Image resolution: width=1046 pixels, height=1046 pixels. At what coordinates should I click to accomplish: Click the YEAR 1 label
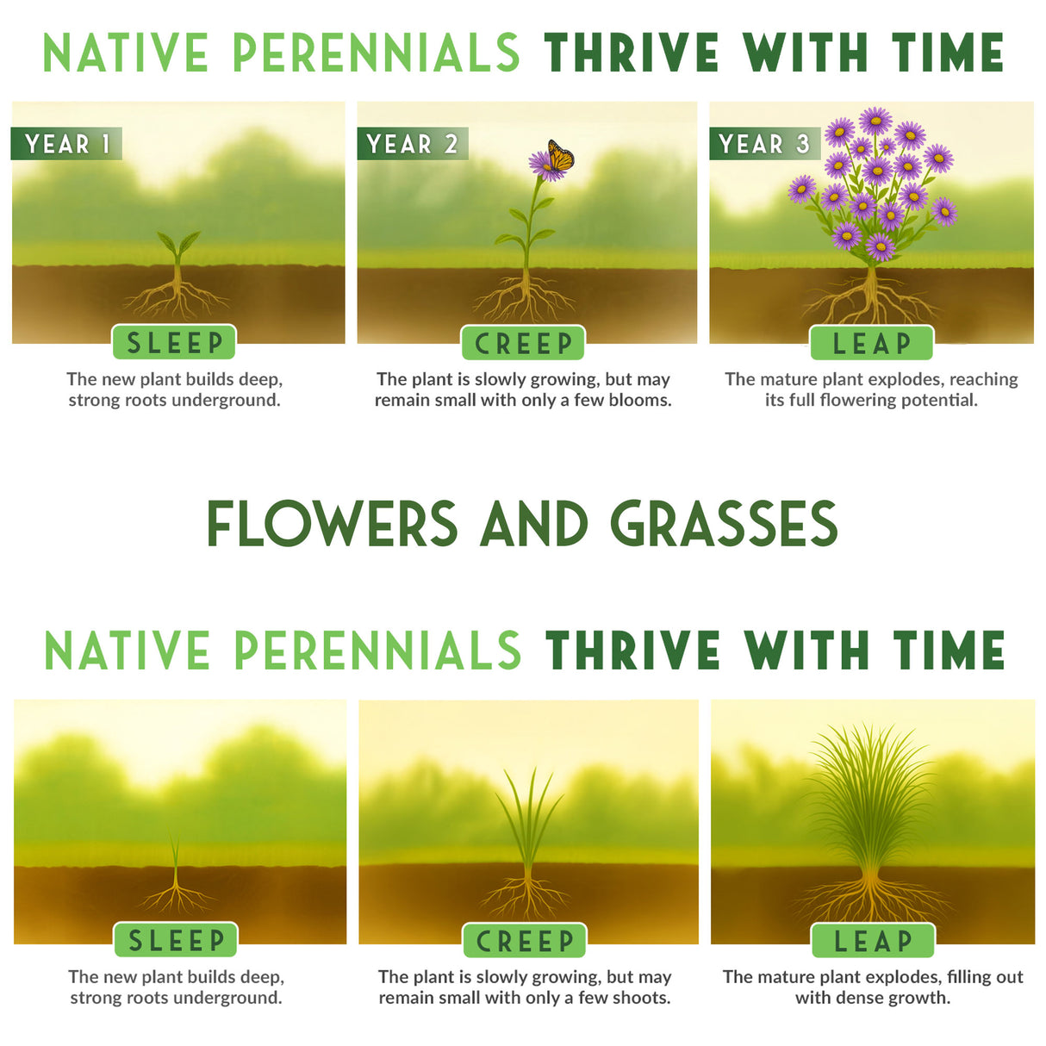click(x=66, y=144)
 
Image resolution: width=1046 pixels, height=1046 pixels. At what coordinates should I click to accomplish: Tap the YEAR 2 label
click(x=412, y=144)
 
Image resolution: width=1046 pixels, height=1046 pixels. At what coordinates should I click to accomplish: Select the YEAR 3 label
click(x=763, y=144)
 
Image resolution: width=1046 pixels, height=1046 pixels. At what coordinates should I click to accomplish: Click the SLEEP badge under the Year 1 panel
click(x=174, y=343)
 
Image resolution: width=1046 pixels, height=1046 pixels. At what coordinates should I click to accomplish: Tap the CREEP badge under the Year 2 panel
click(x=523, y=343)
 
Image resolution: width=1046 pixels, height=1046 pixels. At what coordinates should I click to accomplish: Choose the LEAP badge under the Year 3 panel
click(x=871, y=343)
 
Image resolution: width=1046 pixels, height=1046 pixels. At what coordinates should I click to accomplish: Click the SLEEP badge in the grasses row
click(x=176, y=940)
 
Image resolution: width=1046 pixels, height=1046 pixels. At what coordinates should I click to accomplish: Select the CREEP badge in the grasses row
click(x=525, y=940)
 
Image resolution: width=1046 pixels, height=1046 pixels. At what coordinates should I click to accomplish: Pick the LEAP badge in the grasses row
click(x=873, y=940)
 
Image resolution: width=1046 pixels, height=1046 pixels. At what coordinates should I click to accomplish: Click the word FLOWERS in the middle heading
click(x=332, y=524)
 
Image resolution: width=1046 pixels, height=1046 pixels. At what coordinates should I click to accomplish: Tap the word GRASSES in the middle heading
click(x=724, y=524)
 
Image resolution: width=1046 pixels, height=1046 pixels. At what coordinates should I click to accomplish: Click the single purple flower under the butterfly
click(x=544, y=165)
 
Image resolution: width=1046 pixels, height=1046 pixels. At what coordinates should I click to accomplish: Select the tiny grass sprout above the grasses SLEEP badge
click(x=176, y=853)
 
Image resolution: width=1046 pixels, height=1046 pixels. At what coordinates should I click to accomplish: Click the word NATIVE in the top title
click(x=126, y=53)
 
